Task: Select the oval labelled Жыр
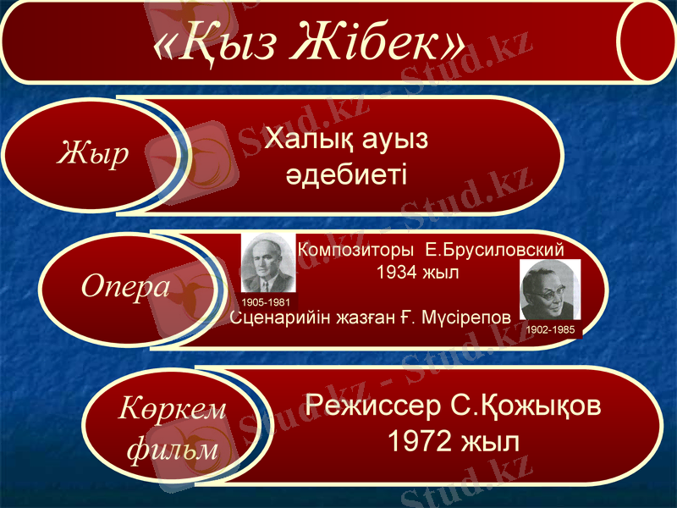pyautogui.click(x=93, y=155)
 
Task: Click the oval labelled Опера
pyautogui.click(x=125, y=288)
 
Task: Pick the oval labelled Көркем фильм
pyautogui.click(x=172, y=428)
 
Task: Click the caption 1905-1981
pyautogui.click(x=266, y=302)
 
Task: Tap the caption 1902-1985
pyautogui.click(x=550, y=329)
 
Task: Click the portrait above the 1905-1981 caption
pyautogui.click(x=267, y=263)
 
